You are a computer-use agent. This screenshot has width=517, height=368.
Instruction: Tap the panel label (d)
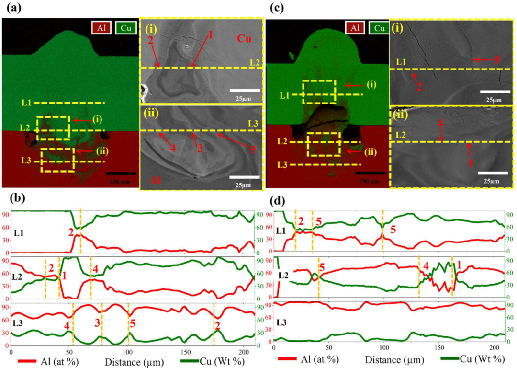pos(278,201)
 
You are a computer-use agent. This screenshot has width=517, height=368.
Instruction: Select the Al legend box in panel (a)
pos(101,28)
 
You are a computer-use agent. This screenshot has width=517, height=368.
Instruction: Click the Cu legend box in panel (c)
pos(379,28)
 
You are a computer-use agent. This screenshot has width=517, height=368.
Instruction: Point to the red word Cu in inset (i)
pos(244,38)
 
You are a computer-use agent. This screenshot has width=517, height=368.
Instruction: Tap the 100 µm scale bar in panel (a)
pos(121,173)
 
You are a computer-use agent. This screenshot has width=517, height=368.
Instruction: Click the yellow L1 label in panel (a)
pos(26,103)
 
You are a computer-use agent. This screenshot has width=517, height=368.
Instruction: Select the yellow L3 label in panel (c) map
pos(282,165)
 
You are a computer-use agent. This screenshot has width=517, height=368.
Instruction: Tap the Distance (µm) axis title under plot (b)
pos(134,362)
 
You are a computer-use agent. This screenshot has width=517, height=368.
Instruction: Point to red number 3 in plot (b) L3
pos(97,323)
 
